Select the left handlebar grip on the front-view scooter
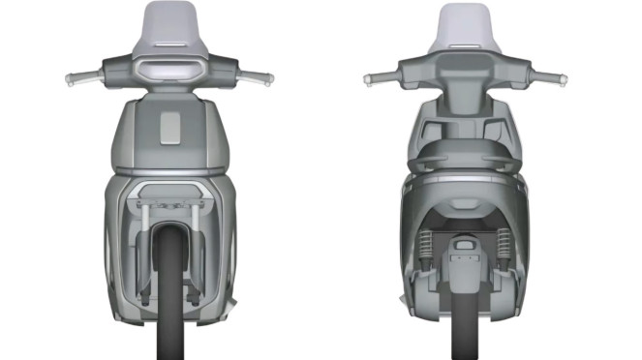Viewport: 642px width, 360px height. [76, 77]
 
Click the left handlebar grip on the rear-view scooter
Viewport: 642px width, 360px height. [376, 77]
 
